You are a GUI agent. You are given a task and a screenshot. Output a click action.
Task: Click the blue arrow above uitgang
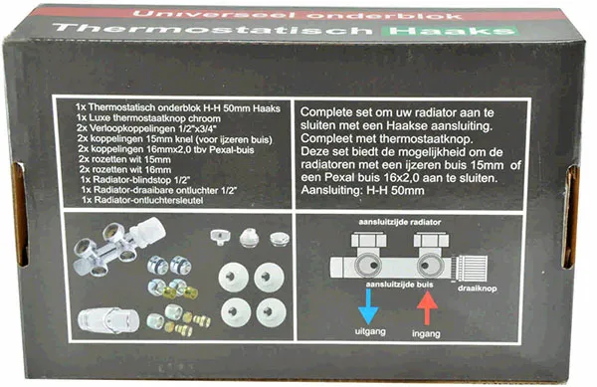click(x=368, y=306)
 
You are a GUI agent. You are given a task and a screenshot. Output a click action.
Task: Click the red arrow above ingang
click(x=427, y=307)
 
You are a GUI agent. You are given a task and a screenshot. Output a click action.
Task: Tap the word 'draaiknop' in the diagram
click(x=477, y=289)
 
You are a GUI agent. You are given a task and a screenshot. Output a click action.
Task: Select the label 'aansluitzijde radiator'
click(x=399, y=222)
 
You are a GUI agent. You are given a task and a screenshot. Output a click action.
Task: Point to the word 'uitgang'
click(x=370, y=331)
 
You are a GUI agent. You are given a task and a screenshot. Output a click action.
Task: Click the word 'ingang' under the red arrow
click(x=426, y=333)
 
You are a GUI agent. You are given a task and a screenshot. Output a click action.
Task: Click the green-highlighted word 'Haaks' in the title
click(x=450, y=31)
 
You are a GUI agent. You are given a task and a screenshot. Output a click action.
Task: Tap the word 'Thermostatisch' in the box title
click(x=213, y=29)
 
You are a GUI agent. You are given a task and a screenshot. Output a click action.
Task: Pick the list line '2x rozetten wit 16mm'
click(x=125, y=170)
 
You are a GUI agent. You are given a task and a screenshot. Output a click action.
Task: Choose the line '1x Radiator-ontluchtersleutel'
click(x=142, y=200)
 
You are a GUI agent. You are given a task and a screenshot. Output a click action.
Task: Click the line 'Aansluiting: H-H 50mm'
click(x=362, y=190)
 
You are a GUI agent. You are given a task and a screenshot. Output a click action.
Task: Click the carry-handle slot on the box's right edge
click(x=570, y=217)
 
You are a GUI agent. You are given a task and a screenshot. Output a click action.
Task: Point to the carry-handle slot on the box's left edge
click(x=19, y=213)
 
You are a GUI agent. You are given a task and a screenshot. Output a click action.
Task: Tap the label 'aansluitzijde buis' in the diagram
click(x=399, y=285)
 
